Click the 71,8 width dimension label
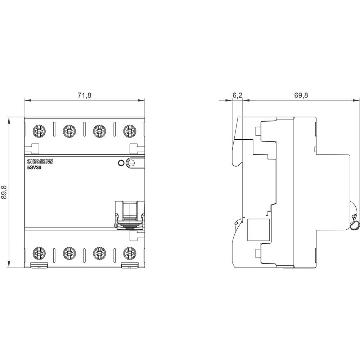85,95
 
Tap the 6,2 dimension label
237,95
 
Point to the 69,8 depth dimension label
301,95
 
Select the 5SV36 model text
34,167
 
